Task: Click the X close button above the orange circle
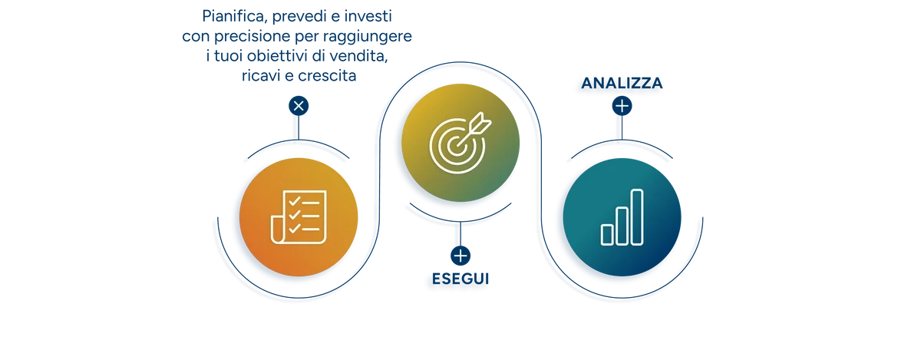coord(299,106)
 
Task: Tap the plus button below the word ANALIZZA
coord(622,106)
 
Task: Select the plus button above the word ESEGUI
coord(460,256)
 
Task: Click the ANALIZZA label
coord(622,83)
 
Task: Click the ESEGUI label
coord(460,279)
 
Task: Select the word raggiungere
coord(367,37)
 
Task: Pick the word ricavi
coord(261,76)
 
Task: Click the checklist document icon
coord(299,217)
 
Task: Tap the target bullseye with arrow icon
coord(460,142)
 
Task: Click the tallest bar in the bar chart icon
coord(637,217)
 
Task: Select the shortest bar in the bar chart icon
coord(607,235)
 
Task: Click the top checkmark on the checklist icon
coord(295,201)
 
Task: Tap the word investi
coord(368,16)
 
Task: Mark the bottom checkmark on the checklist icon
coord(295,228)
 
